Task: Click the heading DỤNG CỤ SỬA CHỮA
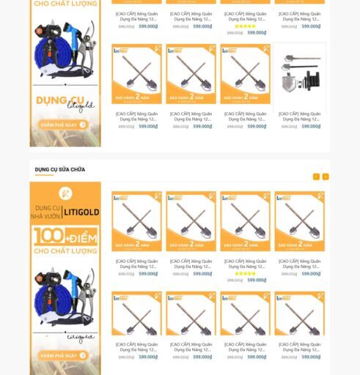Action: click(60, 170)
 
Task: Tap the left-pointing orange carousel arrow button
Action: click(316, 177)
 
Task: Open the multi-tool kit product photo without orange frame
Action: click(301, 76)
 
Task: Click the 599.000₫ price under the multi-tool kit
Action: click(311, 127)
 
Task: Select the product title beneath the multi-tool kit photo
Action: click(301, 116)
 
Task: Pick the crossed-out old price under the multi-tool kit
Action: click(289, 127)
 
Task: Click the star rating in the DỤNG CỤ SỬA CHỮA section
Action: click(245, 274)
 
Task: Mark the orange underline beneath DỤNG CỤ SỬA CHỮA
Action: click(44, 176)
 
